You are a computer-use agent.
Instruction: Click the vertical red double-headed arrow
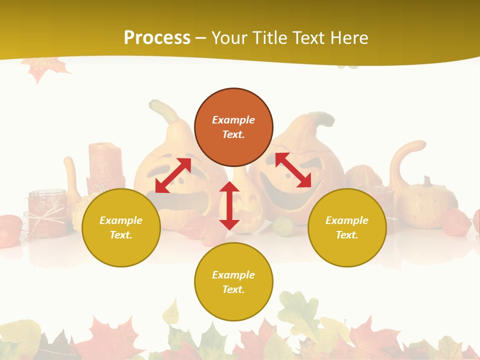(229, 205)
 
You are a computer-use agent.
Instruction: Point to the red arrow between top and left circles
(173, 175)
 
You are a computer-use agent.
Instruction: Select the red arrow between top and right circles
(293, 170)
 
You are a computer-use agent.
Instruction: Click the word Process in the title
(157, 37)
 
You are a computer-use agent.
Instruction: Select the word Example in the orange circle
(233, 120)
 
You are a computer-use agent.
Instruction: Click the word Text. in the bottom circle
(233, 289)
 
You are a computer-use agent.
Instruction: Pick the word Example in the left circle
(121, 220)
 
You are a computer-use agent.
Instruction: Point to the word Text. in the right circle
(347, 235)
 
